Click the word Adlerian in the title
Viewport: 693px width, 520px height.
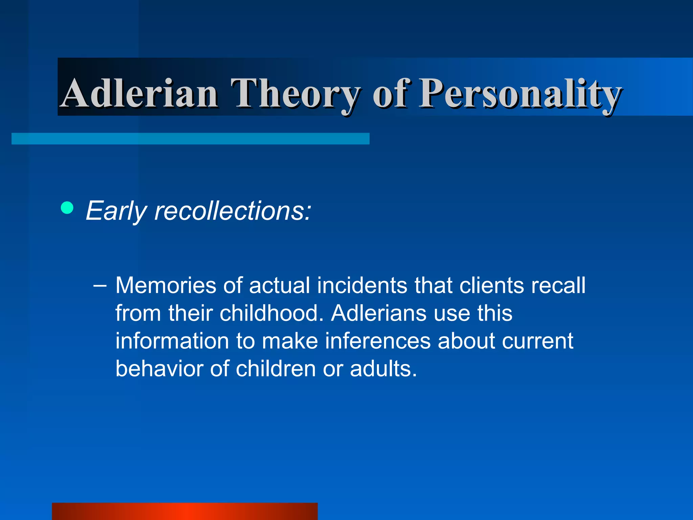[x=139, y=93]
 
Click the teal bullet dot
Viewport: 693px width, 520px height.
[x=67, y=208]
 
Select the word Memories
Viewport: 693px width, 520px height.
[x=166, y=285]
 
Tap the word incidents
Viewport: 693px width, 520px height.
[x=362, y=285]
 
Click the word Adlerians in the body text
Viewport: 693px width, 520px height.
[x=379, y=313]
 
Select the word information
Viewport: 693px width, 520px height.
[x=172, y=341]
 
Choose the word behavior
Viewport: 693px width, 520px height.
[x=159, y=369]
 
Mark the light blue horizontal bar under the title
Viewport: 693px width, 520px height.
[x=190, y=139]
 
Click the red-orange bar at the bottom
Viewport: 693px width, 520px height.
[x=185, y=511]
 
